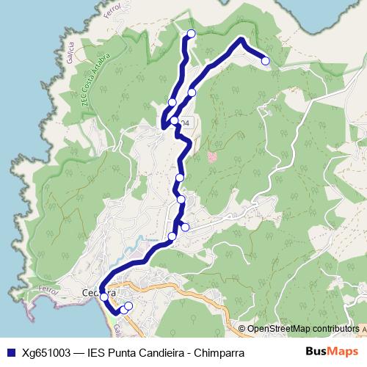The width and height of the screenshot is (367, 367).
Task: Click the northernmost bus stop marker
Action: click(x=192, y=33)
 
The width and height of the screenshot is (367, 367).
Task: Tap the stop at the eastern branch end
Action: click(x=265, y=61)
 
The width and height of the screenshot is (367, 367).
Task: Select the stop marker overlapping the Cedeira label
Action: click(x=103, y=297)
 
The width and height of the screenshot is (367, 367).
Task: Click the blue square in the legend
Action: click(x=11, y=352)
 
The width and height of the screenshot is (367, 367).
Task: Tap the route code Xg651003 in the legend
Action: click(x=46, y=352)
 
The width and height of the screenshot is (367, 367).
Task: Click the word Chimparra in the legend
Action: click(x=219, y=352)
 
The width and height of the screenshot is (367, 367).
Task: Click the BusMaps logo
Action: click(x=332, y=352)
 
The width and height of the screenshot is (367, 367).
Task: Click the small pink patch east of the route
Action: click(x=213, y=156)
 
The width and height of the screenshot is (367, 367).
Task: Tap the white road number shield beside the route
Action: click(x=185, y=123)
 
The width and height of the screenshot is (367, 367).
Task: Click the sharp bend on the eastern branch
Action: click(x=241, y=40)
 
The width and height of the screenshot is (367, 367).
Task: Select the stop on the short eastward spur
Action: click(x=185, y=228)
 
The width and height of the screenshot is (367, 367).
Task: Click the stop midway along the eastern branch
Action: click(x=192, y=92)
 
